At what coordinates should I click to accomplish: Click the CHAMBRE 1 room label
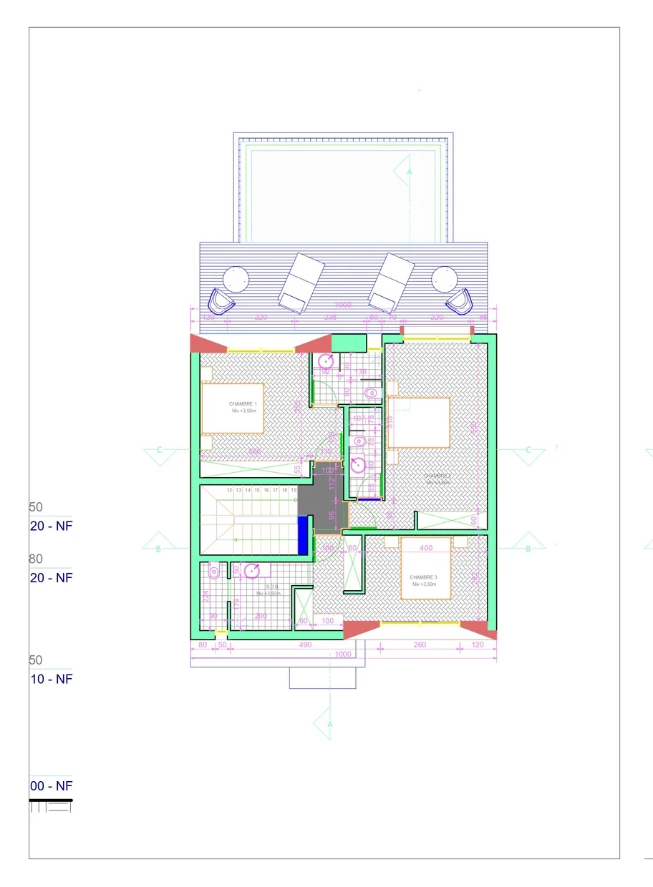243,404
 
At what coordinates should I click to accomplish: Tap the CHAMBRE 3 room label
424,577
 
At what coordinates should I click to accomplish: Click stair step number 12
229,490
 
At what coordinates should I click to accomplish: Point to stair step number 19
294,490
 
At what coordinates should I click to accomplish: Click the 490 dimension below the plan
305,645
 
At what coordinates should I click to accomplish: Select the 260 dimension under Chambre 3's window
420,645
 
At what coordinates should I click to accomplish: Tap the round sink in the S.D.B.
252,571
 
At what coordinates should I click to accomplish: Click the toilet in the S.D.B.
213,572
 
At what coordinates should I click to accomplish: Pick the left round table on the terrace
235,278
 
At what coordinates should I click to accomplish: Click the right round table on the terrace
444,278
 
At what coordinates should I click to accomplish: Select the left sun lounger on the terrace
301,283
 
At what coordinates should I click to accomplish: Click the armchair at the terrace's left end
221,301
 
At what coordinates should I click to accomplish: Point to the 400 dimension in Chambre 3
426,548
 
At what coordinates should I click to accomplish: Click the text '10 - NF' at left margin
51,679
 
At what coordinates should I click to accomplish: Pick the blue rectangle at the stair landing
303,535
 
